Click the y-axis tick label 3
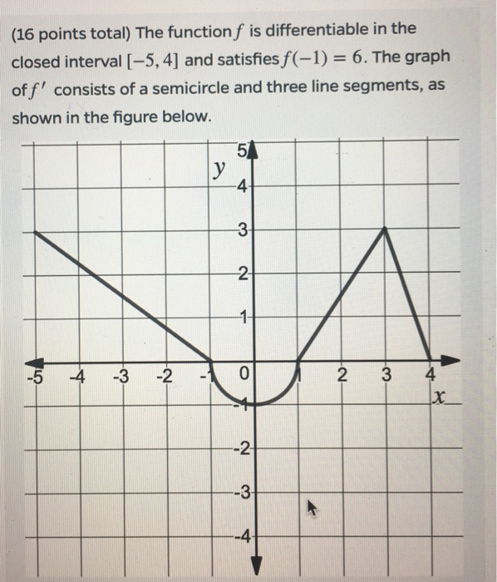(242, 230)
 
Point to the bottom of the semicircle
(253, 405)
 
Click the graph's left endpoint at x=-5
(33, 232)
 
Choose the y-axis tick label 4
(242, 186)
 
